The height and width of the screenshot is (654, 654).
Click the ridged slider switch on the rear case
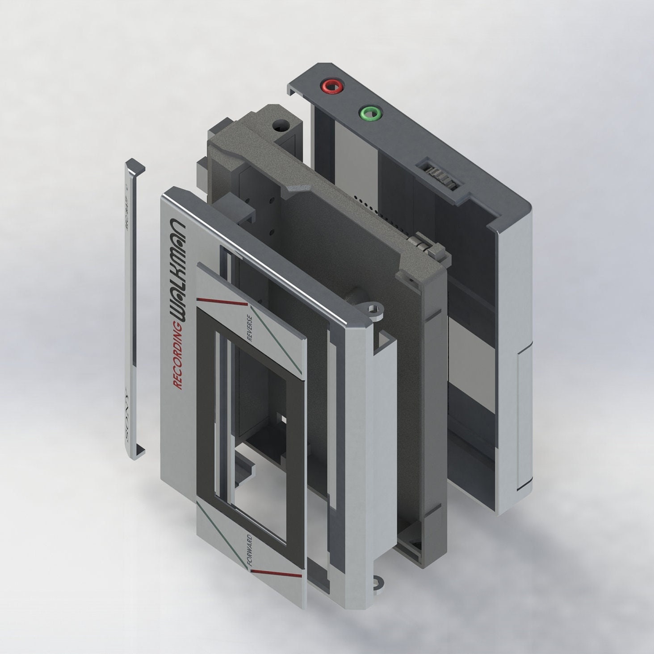[440, 177]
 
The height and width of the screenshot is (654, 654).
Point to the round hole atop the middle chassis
[281, 125]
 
